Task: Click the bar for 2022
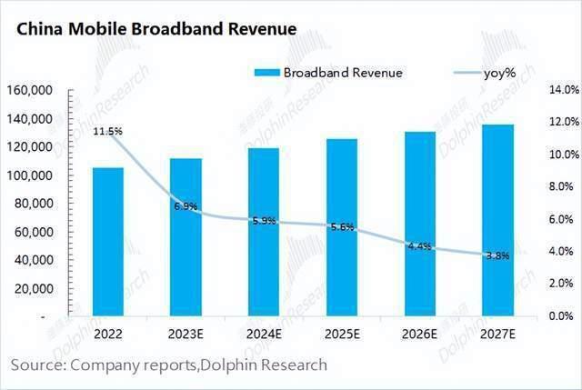tap(108, 242)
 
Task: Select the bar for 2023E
tap(186, 237)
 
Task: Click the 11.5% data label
tap(108, 132)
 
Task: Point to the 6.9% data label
tap(186, 206)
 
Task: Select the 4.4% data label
tap(419, 246)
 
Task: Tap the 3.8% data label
tap(497, 256)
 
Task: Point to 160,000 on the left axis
tap(29, 91)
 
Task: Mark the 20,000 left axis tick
tap(33, 288)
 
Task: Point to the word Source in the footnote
tap(35, 365)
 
